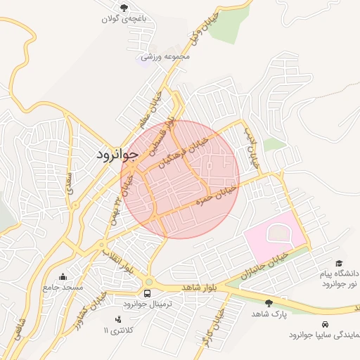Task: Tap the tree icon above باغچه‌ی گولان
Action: click(x=124, y=8)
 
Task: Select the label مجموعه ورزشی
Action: click(x=162, y=56)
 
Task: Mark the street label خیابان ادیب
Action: click(x=251, y=146)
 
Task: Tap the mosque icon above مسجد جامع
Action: click(x=63, y=277)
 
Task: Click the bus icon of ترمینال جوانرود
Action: click(x=148, y=293)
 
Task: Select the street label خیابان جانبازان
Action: click(x=264, y=264)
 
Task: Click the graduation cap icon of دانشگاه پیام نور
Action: click(x=340, y=262)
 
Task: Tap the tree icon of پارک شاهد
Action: click(x=269, y=303)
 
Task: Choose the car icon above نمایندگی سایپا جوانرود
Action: click(x=325, y=324)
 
